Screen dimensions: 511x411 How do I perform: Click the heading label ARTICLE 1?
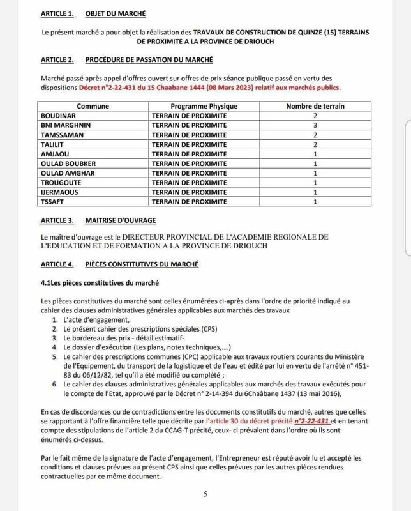58,13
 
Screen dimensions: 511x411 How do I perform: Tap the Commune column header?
93,106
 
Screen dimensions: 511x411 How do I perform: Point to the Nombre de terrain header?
315,106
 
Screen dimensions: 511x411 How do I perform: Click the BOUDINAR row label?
59,116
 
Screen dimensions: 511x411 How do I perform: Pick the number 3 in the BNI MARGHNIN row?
315,125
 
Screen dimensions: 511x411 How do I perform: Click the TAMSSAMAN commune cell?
63,135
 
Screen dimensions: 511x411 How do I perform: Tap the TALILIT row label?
54,144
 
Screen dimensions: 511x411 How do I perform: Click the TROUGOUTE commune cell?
63,183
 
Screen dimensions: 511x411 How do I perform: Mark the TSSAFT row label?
54,202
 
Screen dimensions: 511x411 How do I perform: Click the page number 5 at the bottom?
205,494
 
